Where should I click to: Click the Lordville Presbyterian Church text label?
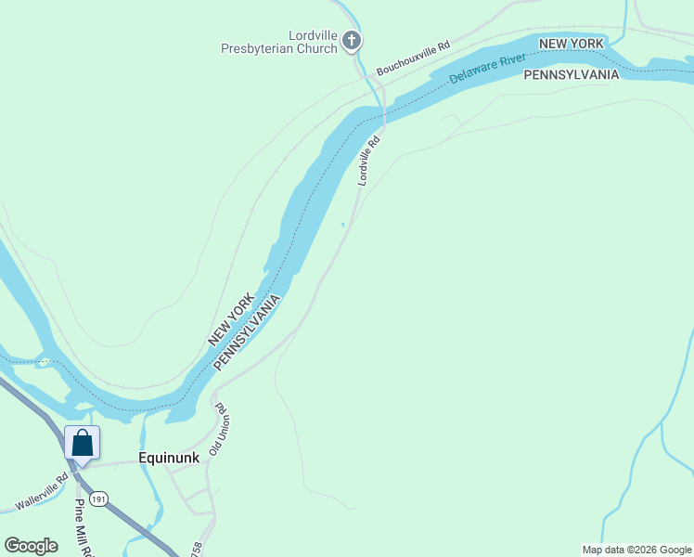tap(278, 42)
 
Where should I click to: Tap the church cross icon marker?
tap(351, 40)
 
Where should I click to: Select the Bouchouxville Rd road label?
tap(413, 58)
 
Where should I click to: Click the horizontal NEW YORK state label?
tap(572, 44)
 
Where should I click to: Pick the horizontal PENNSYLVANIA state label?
tap(571, 74)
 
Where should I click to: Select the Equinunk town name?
tap(170, 458)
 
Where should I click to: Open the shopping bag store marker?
tap(82, 443)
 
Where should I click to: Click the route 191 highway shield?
tap(99, 499)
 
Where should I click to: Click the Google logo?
tap(31, 546)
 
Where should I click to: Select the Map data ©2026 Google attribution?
tap(636, 550)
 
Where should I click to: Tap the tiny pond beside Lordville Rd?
tap(343, 224)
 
